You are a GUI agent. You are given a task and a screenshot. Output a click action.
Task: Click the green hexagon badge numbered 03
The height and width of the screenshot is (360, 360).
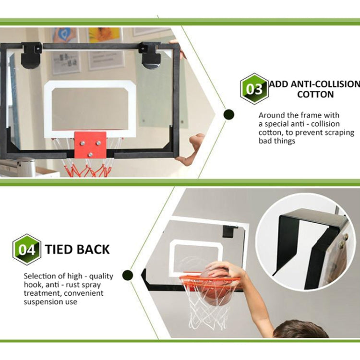254,89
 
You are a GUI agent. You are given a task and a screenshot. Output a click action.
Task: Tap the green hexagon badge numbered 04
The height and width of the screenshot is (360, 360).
27,250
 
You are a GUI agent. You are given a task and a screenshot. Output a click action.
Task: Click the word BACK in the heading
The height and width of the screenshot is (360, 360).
93,250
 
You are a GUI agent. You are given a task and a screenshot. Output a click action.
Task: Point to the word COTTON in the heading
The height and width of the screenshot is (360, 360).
315,94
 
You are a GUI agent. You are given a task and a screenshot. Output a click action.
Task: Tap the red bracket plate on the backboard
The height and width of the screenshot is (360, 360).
90,144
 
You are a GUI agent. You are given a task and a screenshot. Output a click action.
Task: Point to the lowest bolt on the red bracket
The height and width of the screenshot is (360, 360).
90,154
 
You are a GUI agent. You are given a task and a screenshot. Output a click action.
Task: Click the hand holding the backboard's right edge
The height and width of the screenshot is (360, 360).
192,149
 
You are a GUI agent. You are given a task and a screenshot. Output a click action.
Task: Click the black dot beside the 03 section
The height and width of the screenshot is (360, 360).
229,114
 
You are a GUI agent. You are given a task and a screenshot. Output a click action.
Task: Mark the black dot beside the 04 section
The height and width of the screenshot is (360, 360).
127,275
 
